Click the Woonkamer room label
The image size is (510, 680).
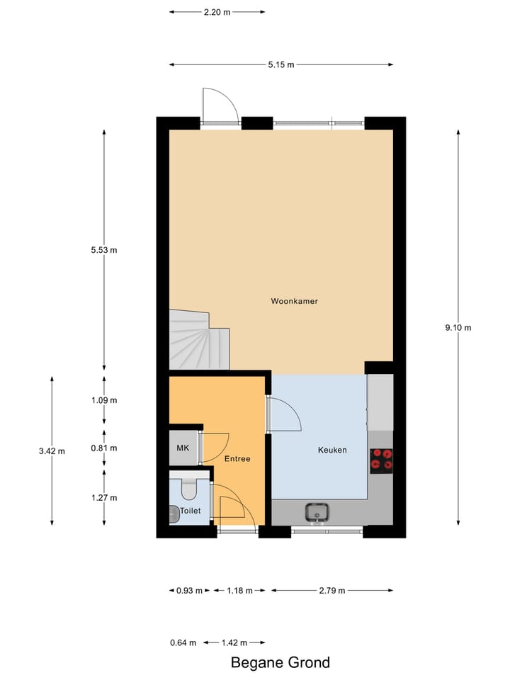tap(294, 301)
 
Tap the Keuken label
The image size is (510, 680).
tap(331, 450)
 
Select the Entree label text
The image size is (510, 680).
tap(237, 459)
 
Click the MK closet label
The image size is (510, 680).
tap(183, 448)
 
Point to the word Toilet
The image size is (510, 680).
tap(191, 510)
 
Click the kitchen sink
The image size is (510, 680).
tap(317, 511)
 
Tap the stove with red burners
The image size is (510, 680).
tap(382, 460)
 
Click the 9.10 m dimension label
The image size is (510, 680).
tap(458, 327)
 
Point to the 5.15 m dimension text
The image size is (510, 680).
tap(280, 65)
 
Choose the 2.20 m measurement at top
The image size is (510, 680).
tap(217, 12)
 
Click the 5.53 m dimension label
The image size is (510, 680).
tap(104, 250)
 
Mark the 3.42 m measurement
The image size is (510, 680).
tap(52, 450)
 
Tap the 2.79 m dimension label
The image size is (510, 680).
tap(331, 590)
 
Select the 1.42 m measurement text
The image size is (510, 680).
tap(234, 642)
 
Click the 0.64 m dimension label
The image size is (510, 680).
tap(183, 642)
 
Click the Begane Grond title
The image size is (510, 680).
tap(280, 663)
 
